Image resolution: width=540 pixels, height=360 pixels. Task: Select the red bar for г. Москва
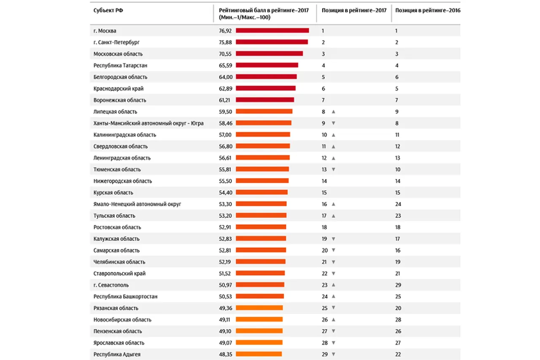272,30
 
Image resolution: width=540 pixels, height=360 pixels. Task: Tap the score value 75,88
224,42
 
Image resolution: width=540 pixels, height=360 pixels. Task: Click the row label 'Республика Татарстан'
120,65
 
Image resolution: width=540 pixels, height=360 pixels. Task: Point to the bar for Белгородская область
266,77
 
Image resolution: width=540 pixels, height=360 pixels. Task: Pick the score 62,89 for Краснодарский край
224,89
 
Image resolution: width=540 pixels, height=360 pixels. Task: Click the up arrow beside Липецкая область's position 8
333,112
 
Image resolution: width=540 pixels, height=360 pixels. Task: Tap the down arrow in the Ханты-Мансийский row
333,123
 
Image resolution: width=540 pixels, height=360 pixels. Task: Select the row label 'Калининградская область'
125,135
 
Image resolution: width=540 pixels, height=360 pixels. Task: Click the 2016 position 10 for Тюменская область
398,169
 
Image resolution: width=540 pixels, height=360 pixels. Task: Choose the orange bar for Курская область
262,192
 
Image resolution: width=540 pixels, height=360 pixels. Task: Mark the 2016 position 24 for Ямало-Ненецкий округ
398,204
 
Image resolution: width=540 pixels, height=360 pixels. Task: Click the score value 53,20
224,216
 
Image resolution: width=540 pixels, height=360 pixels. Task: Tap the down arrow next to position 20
333,250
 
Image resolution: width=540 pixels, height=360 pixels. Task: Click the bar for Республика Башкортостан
260,296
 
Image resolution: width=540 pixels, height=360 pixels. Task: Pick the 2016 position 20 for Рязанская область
398,308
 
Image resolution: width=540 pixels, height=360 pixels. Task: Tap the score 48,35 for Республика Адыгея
224,355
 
